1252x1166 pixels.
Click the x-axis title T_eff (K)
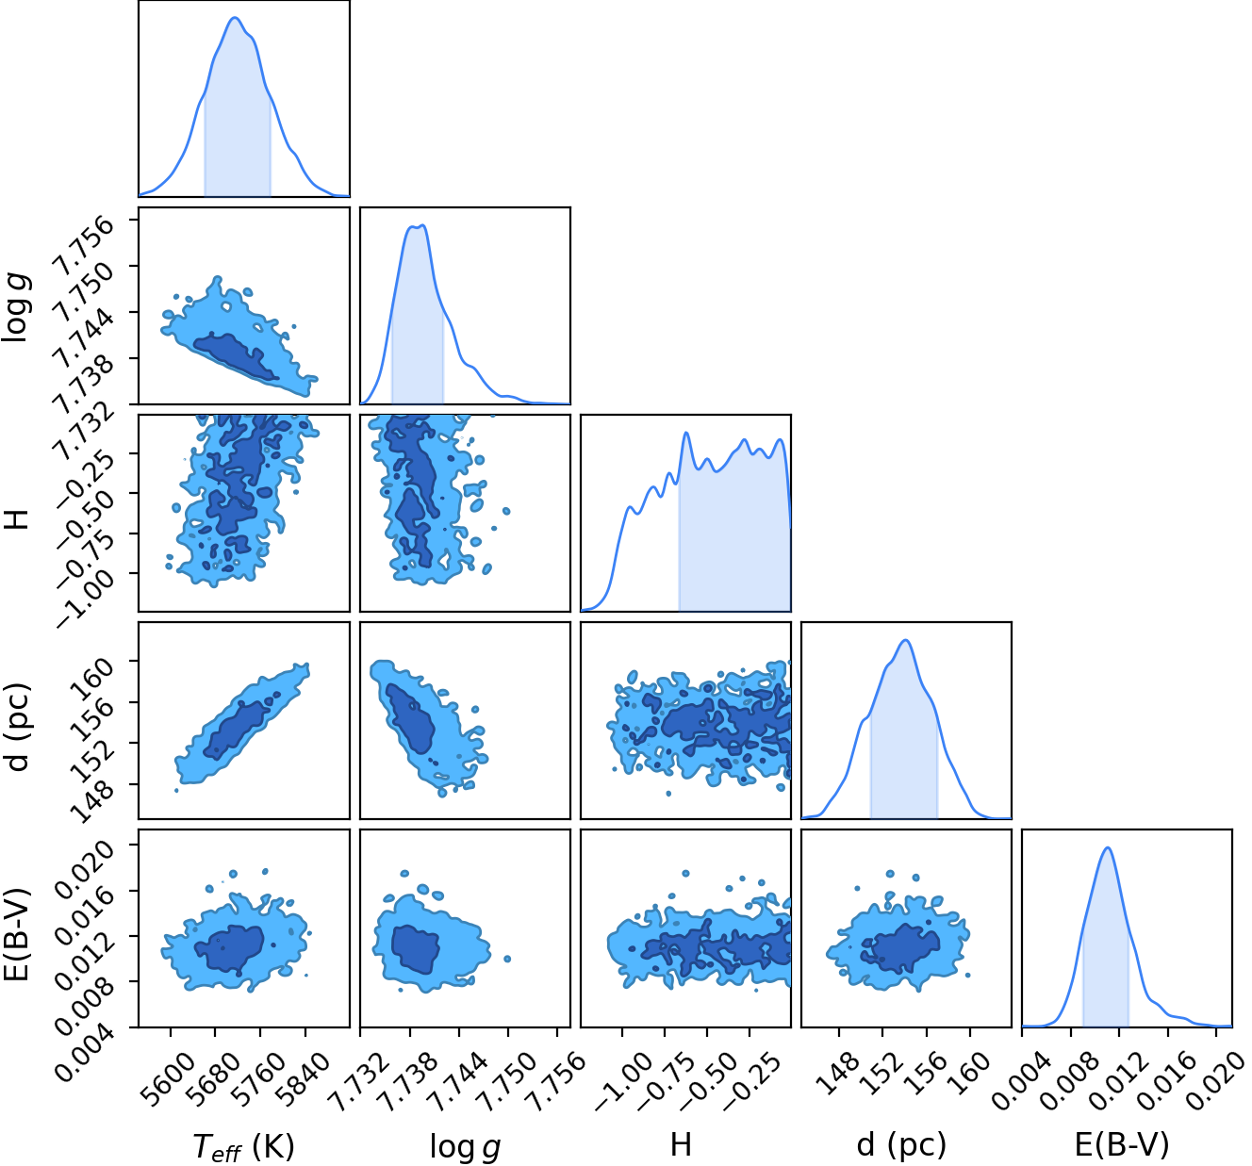point(243,1146)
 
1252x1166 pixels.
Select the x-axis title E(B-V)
point(1122,1144)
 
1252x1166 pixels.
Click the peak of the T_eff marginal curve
point(235,18)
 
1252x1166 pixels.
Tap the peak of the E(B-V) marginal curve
point(1108,847)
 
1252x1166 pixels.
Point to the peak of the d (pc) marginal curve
point(906,641)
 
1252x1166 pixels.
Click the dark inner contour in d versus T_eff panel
point(239,730)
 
